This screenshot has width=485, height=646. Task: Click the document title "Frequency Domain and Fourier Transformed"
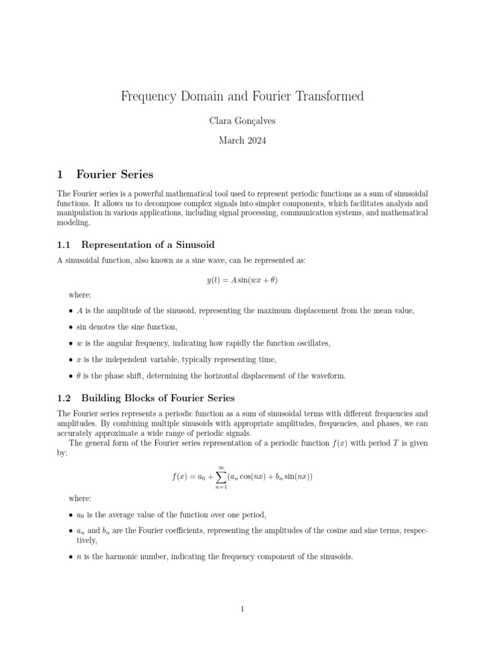[x=242, y=97]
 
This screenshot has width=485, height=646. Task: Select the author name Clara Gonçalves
[x=242, y=121]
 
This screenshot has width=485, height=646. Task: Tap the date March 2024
[x=242, y=141]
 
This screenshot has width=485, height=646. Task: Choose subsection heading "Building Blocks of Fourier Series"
[x=158, y=398]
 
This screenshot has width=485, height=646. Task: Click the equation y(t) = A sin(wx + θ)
[x=242, y=281]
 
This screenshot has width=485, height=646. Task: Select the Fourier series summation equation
[x=242, y=477]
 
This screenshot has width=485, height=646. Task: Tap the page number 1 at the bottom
[x=242, y=609]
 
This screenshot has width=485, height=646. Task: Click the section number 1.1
[x=66, y=245]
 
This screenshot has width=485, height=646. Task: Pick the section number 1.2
[x=66, y=398]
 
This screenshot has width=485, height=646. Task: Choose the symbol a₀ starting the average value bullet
[x=80, y=515]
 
